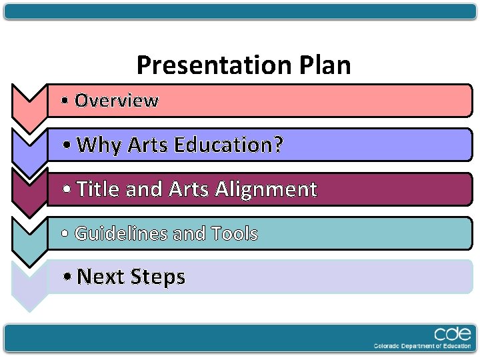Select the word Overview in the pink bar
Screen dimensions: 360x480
click(117, 101)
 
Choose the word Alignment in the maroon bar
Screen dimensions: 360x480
click(266, 190)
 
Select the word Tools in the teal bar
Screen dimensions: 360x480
click(234, 234)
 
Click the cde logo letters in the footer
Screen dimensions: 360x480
click(453, 334)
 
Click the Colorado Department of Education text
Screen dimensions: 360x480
click(422, 346)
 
